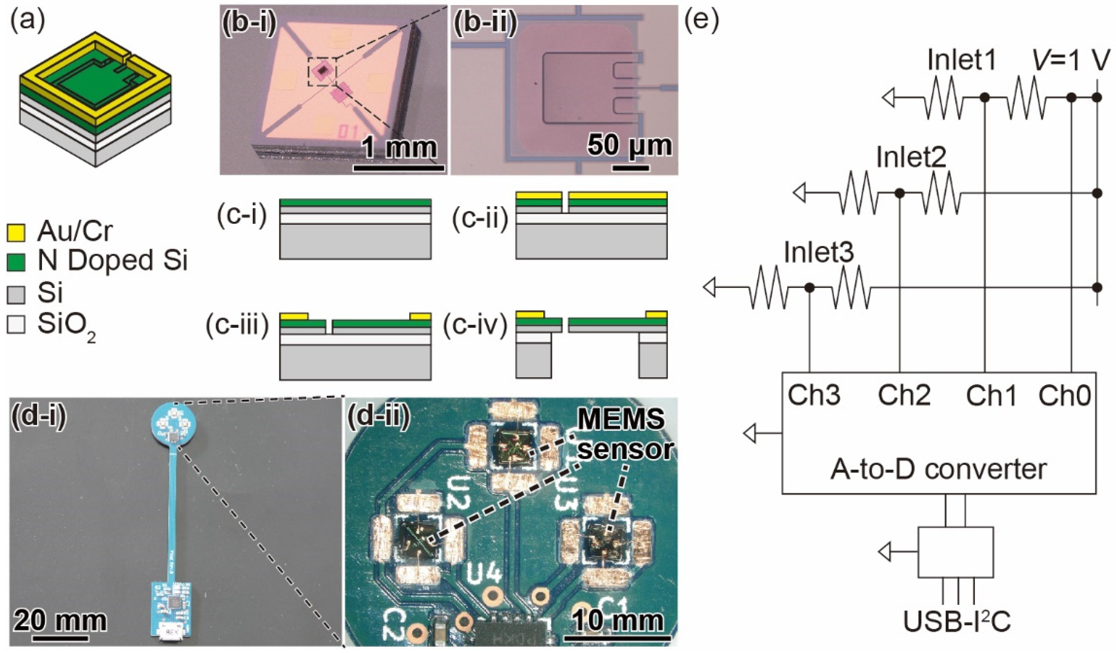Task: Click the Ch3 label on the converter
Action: click(x=814, y=395)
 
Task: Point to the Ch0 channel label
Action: click(x=1064, y=395)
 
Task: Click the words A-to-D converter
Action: click(x=938, y=469)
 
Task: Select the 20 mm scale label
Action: click(x=60, y=620)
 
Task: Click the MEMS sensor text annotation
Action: click(x=622, y=434)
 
